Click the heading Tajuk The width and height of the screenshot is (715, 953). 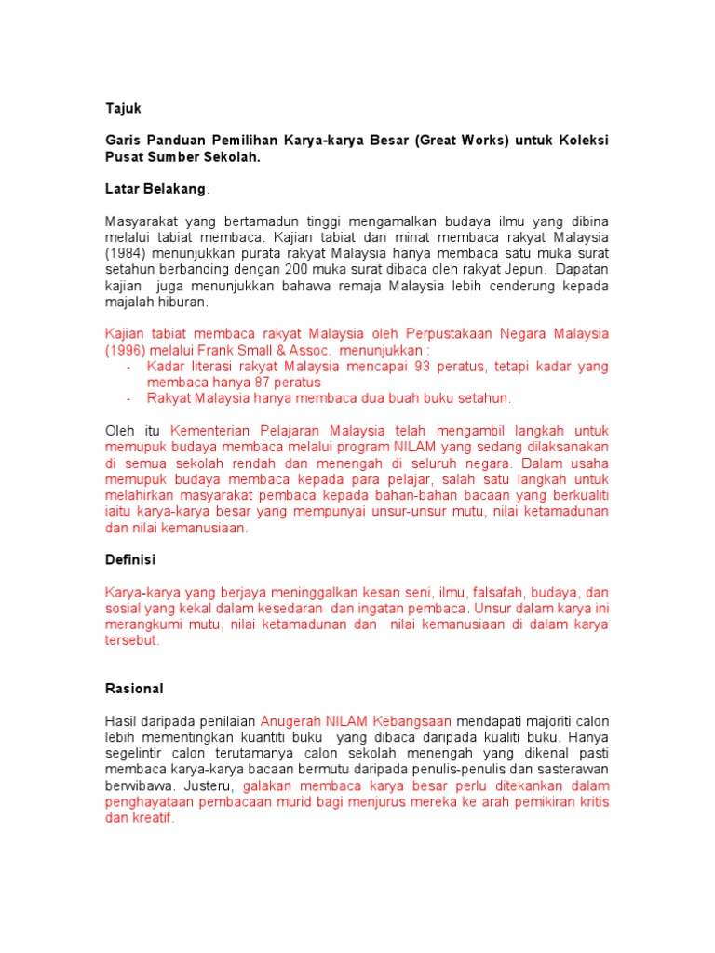(121, 109)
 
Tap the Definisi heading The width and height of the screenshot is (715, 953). (130, 560)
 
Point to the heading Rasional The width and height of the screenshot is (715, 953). (134, 689)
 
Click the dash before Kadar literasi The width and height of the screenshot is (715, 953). (128, 366)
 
